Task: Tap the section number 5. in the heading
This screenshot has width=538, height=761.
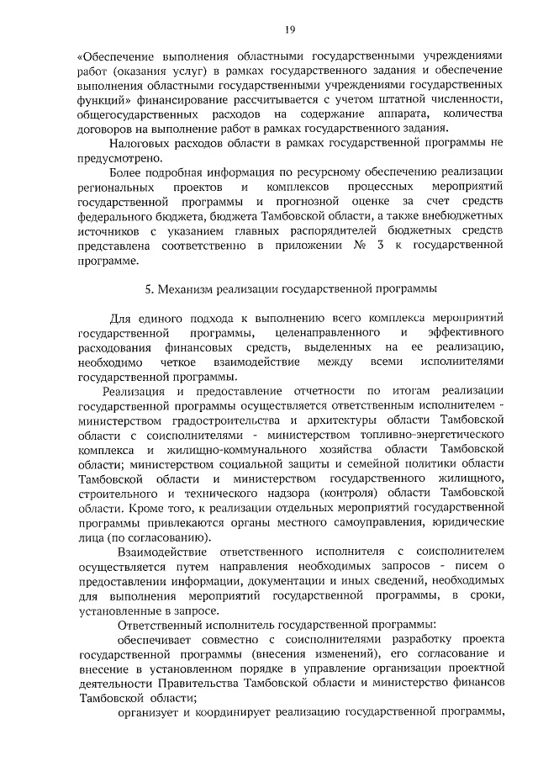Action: [x=150, y=289]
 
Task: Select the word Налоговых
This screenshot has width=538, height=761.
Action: [x=138, y=145]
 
